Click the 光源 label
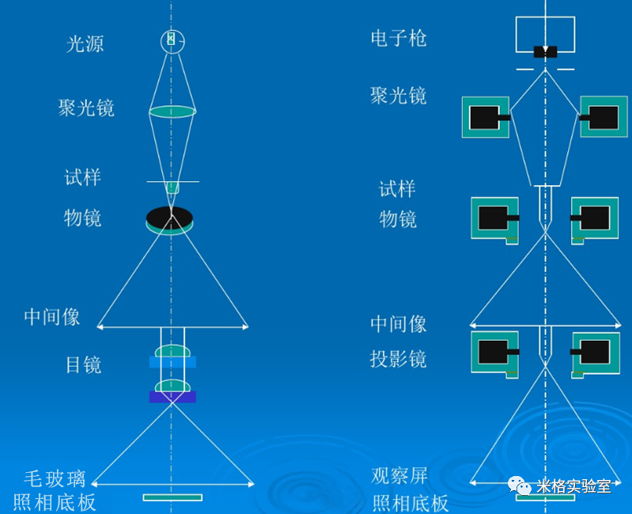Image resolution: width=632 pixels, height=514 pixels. click(85, 43)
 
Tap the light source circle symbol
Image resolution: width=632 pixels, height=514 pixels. click(172, 40)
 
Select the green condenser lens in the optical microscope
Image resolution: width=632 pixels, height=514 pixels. click(172, 111)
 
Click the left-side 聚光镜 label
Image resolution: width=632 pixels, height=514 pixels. click(86, 108)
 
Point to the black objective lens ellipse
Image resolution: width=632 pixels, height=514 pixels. click(169, 217)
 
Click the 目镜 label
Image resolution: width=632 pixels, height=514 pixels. click(83, 365)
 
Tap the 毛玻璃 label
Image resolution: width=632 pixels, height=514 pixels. click(55, 478)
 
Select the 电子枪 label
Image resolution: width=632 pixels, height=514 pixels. click(399, 38)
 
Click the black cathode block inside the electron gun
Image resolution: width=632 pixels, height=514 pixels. click(545, 51)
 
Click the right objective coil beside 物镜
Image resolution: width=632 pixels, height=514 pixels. click(594, 217)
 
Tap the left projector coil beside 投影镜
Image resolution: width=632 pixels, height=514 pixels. click(494, 351)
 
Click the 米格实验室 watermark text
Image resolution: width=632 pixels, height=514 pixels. click(573, 486)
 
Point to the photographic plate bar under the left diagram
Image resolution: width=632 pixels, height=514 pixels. click(172, 497)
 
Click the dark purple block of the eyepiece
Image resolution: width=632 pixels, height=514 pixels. click(172, 397)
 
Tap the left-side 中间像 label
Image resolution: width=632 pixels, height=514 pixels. click(52, 317)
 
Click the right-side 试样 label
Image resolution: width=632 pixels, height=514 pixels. click(397, 189)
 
